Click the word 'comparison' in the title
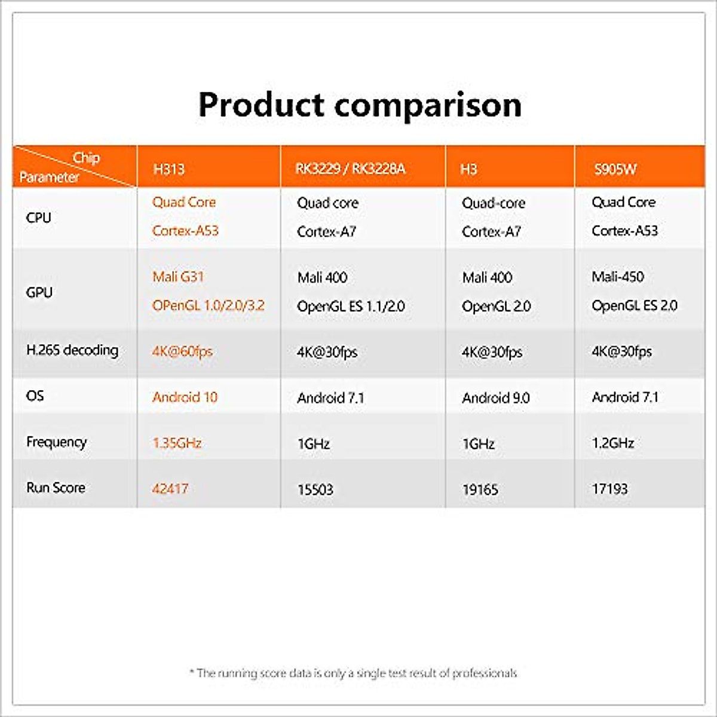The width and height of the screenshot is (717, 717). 428,105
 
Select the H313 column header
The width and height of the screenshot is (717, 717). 169,169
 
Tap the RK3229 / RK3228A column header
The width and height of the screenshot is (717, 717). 350,169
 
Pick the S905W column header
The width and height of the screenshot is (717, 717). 615,169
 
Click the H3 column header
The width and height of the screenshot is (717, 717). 469,169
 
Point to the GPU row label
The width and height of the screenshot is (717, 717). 39,292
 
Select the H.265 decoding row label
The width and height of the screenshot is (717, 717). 72,350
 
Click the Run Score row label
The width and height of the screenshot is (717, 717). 56,488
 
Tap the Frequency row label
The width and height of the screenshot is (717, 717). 56,442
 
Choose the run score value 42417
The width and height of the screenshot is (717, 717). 170,489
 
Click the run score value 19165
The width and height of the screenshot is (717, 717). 480,489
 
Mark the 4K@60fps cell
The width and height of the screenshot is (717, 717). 182,351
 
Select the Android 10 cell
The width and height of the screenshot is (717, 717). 185,397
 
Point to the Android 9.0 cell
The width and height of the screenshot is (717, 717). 496,398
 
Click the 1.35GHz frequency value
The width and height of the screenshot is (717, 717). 177,443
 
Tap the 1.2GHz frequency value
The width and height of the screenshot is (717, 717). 613,443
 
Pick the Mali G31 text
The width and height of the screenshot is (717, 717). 178,277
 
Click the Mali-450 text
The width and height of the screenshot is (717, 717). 618,277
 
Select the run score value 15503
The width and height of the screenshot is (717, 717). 315,489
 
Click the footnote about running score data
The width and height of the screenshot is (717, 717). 353,673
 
